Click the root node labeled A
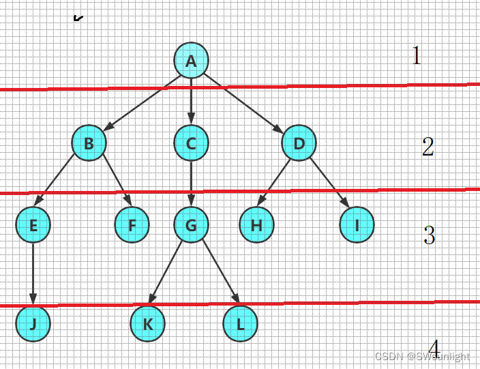(x=191, y=60)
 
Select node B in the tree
(x=89, y=143)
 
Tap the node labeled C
(x=191, y=143)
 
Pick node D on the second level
(x=299, y=143)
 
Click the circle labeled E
(x=33, y=226)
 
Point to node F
(x=132, y=226)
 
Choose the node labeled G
(x=191, y=226)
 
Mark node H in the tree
(x=256, y=226)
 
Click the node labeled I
(x=357, y=226)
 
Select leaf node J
(x=33, y=324)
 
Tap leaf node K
(x=147, y=324)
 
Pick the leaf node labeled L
(x=240, y=324)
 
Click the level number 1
(x=417, y=55)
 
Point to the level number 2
(x=427, y=147)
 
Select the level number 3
(x=429, y=236)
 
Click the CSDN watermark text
(x=422, y=357)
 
